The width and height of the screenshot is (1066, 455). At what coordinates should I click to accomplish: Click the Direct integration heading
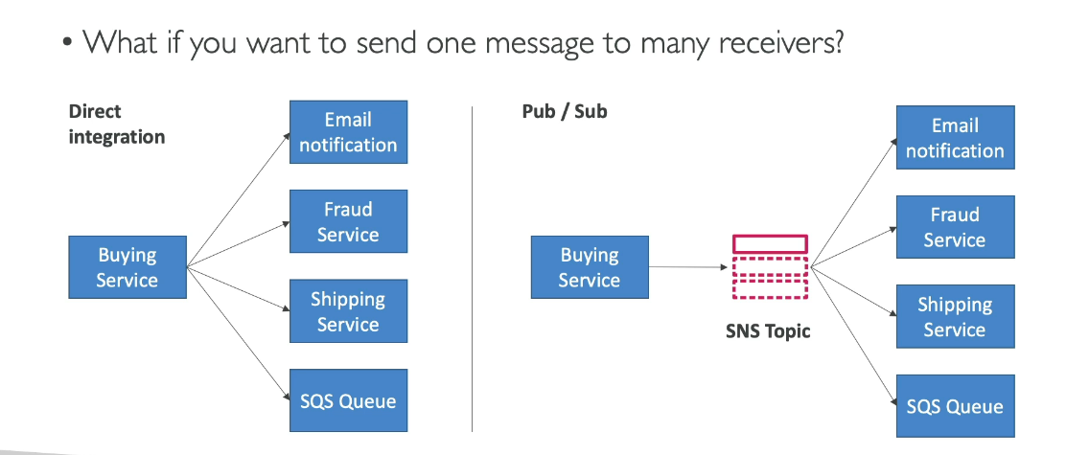(117, 124)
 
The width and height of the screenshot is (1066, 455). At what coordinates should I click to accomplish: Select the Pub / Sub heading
(565, 111)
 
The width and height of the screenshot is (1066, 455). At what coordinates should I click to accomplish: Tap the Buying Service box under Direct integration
(127, 267)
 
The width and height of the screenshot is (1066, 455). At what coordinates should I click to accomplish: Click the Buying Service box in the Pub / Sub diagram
(590, 267)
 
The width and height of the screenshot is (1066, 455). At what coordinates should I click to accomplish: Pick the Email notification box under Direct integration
(348, 132)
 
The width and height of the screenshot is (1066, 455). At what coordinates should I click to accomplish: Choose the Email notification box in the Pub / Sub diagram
(955, 137)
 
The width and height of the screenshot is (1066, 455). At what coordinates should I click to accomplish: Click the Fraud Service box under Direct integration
(348, 221)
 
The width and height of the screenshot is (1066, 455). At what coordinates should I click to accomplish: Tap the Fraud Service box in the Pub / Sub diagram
(955, 227)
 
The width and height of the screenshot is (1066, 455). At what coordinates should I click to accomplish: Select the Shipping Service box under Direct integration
(348, 311)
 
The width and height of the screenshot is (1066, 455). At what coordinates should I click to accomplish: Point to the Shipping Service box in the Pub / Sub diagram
(955, 316)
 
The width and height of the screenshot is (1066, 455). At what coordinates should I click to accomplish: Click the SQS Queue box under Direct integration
(348, 400)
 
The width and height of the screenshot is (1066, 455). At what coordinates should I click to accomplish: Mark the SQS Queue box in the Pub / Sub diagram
(955, 406)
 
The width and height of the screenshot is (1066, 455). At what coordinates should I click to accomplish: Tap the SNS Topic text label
(768, 332)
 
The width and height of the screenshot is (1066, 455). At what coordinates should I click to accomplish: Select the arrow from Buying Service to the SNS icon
(688, 267)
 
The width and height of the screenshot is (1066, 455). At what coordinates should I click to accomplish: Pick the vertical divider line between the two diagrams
(472, 268)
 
